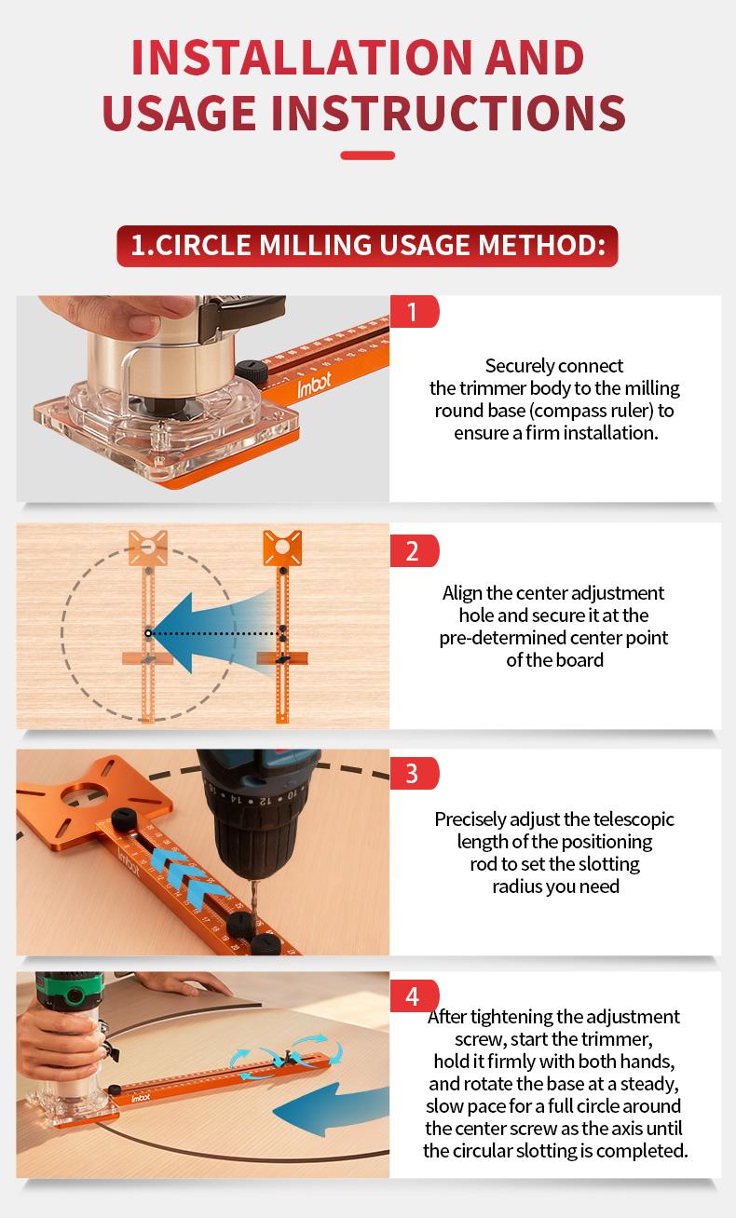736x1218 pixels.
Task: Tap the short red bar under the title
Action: point(367,155)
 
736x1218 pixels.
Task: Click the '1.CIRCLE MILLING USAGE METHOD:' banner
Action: point(367,246)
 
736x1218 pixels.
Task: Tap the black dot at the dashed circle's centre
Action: point(147,632)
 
